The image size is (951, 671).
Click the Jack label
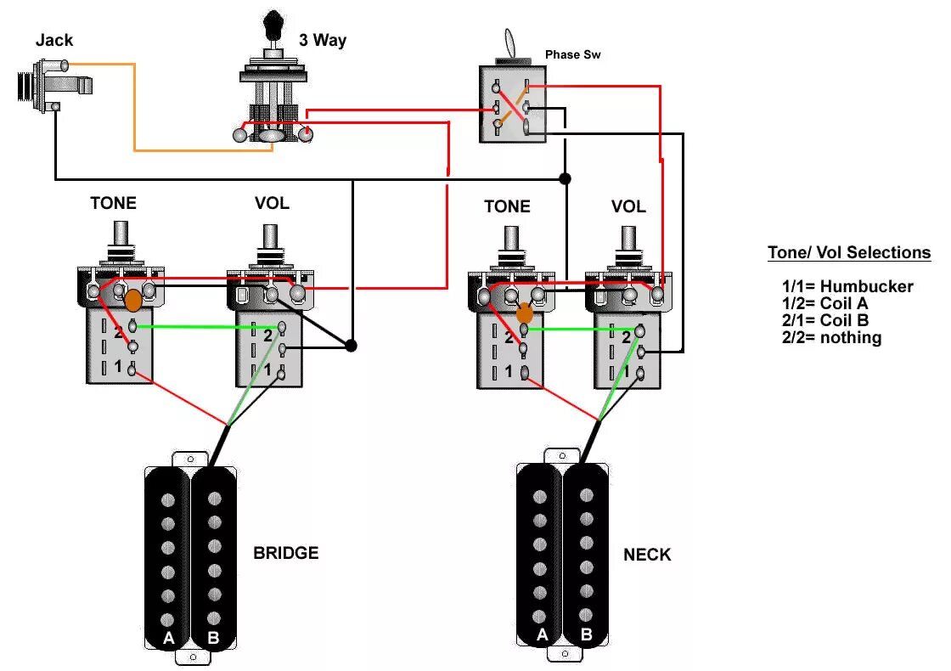(x=54, y=40)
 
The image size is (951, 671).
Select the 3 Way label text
(x=322, y=40)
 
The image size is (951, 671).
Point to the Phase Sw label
(x=574, y=54)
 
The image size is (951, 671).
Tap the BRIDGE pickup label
(x=285, y=553)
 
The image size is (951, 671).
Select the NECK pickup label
(x=647, y=555)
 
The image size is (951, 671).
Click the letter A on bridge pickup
(x=168, y=638)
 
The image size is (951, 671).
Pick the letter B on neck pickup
(x=586, y=634)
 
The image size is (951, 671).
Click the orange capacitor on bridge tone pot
(x=133, y=300)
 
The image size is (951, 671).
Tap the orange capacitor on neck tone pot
(x=525, y=313)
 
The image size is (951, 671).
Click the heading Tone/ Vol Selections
(x=849, y=252)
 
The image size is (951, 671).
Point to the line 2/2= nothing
(x=832, y=337)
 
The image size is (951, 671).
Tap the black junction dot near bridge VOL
(x=351, y=346)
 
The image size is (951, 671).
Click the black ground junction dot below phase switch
(x=565, y=178)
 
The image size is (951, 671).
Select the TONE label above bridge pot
(x=113, y=203)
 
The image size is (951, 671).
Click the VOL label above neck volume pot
(x=628, y=206)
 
